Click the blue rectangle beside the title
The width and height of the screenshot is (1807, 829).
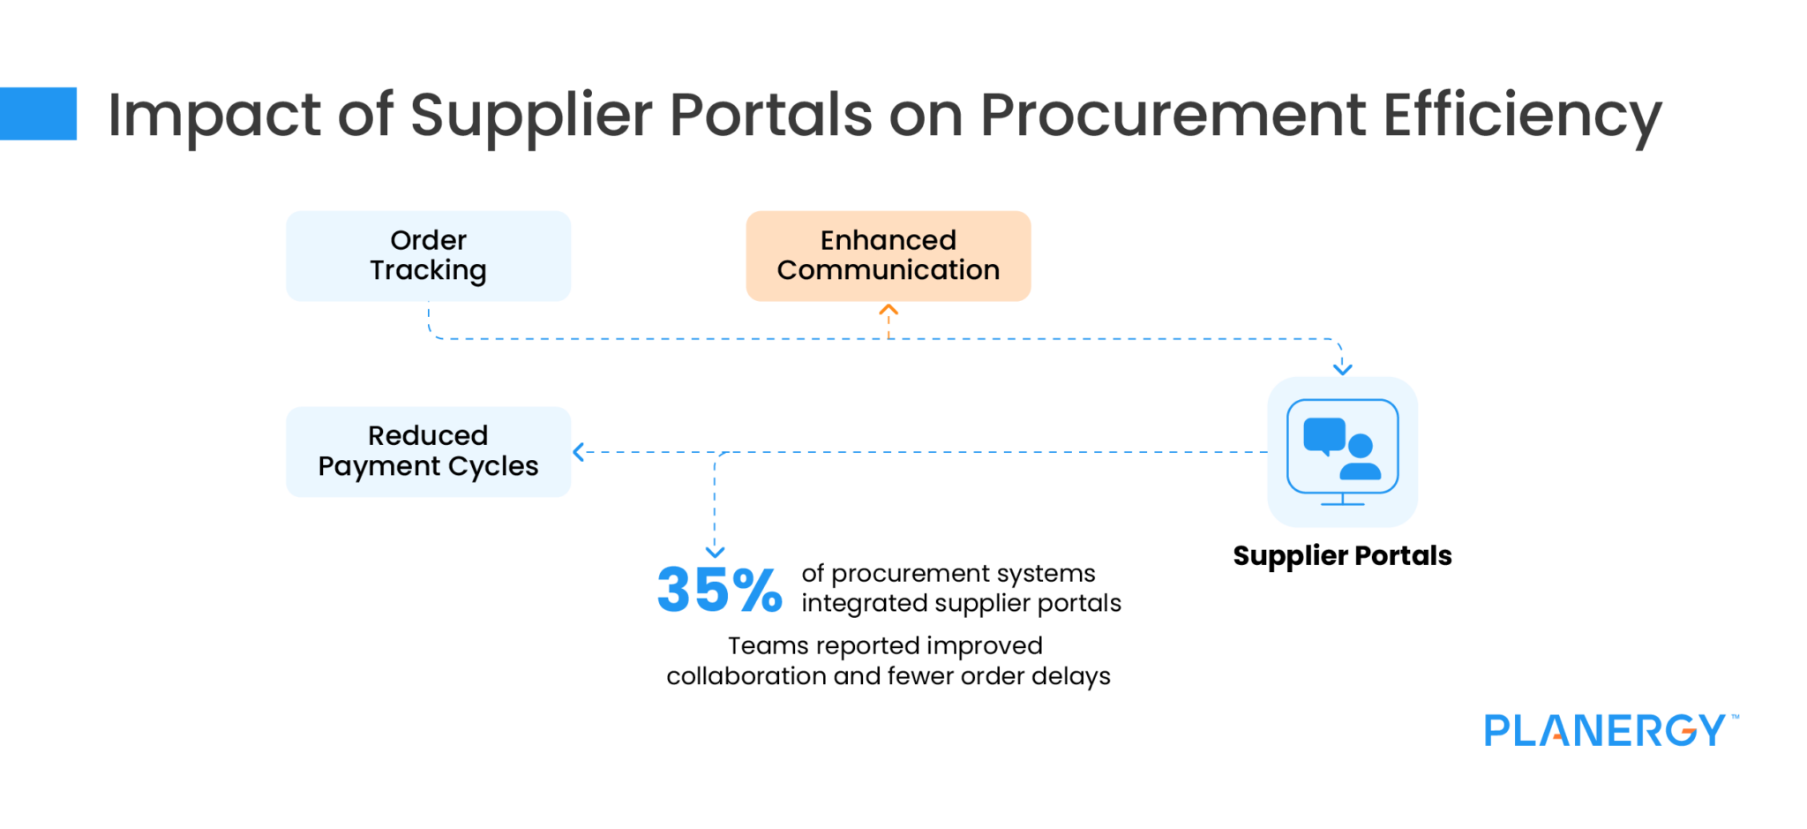38,113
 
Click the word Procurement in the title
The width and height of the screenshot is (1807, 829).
1173,115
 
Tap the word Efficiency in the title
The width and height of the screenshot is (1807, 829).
1522,115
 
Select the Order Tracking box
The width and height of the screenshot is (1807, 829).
428,255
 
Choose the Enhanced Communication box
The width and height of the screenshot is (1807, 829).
888,255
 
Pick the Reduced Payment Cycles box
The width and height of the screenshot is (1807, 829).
428,451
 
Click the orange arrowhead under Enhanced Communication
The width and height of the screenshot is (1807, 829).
889,310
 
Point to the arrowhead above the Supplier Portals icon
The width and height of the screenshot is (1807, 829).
1342,369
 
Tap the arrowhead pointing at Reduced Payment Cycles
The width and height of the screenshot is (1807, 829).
579,452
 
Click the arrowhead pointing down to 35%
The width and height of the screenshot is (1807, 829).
715,552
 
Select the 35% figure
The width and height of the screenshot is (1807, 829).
719,590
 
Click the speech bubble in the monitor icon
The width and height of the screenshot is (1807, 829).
1323,435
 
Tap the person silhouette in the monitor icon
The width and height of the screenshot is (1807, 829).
1361,457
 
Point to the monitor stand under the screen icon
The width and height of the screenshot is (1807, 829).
1342,501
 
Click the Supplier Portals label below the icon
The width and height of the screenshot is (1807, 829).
1342,555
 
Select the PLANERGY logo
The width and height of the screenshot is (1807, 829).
1609,731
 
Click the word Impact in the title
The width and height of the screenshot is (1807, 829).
214,115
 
